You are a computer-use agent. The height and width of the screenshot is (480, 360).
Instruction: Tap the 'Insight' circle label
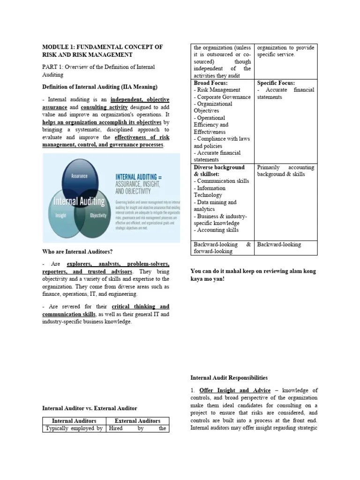click(60, 216)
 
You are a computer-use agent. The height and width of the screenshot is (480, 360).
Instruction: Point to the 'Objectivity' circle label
click(98, 216)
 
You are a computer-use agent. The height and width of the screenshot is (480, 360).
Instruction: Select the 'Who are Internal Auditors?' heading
click(78, 252)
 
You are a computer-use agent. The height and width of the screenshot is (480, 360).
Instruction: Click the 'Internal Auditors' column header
click(74, 420)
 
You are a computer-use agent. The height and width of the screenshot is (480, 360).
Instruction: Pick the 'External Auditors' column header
click(137, 420)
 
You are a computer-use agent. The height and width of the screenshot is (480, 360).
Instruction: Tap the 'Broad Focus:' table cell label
click(210, 83)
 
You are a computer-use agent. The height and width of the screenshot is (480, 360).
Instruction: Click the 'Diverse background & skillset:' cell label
click(219, 170)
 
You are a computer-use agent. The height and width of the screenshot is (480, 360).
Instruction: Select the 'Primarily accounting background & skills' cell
click(285, 171)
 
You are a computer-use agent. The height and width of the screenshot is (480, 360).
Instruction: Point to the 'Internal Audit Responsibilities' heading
click(229, 377)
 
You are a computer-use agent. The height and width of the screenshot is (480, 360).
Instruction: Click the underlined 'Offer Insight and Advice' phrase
click(235, 390)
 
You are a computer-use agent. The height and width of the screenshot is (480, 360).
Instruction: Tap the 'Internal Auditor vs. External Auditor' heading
click(90, 408)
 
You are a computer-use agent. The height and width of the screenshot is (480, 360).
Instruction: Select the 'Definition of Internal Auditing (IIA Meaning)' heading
click(100, 87)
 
